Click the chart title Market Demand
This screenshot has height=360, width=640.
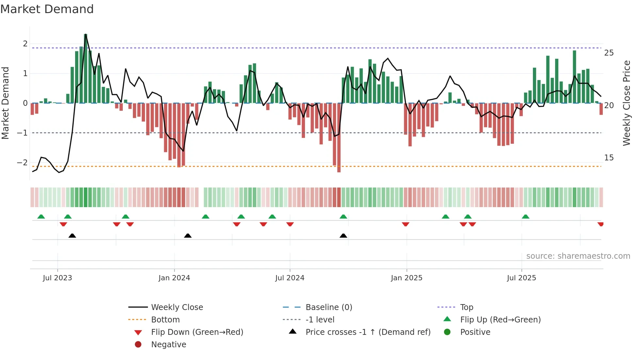[47, 9]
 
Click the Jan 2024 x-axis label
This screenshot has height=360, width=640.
[174, 278]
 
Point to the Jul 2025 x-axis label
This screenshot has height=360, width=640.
[521, 278]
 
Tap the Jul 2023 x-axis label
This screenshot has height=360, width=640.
[57, 278]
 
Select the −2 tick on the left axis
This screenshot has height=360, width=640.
[22, 163]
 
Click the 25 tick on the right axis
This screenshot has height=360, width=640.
[609, 53]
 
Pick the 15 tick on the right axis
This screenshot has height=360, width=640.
[609, 158]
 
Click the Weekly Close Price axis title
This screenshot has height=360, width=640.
[626, 103]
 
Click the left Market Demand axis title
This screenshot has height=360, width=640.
[6, 103]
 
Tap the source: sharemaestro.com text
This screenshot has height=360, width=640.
[578, 256]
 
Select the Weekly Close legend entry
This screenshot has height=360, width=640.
[177, 307]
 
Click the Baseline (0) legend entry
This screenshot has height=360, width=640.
[328, 307]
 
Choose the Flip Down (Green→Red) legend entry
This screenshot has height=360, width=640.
[197, 332]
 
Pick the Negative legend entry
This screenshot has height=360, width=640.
[168, 345]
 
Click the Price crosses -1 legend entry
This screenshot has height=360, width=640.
[368, 332]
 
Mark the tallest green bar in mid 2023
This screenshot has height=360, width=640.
[86, 69]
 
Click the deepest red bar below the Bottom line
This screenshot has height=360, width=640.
[339, 137]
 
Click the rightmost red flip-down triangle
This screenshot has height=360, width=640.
[600, 224]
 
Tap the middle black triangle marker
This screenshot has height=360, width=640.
[188, 236]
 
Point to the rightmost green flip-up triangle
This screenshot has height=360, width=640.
[525, 217]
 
